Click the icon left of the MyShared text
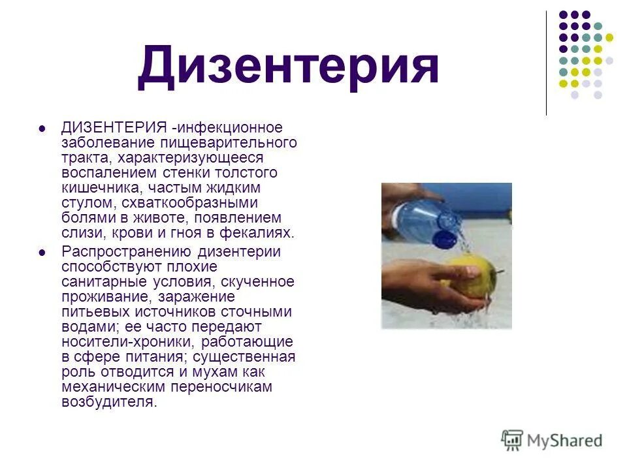pyautogui.click(x=512, y=440)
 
